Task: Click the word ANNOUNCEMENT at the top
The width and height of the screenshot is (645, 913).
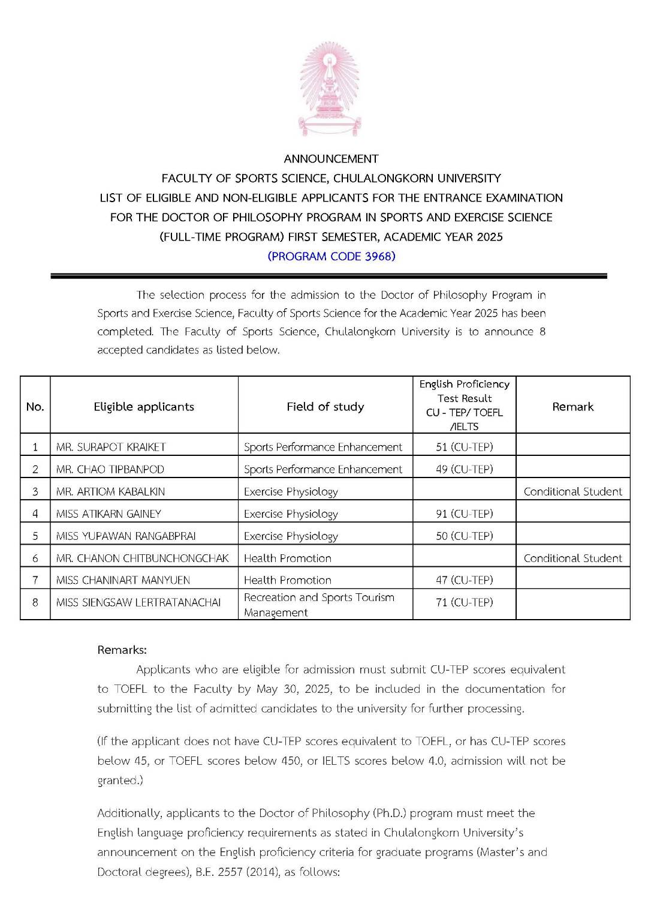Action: [x=331, y=159]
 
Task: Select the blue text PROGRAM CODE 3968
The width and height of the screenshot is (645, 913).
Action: [x=331, y=256]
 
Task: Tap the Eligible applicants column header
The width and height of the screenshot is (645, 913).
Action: [x=144, y=407]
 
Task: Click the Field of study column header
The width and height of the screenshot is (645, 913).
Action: [x=325, y=407]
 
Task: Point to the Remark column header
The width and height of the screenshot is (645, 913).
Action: [x=572, y=407]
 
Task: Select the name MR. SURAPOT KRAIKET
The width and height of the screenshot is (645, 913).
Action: [x=111, y=447]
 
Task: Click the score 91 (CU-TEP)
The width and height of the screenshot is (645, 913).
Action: [x=464, y=513]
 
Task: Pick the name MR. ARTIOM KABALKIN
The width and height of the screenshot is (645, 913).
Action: [x=110, y=491]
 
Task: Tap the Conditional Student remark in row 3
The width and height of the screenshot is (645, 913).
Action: [x=572, y=491]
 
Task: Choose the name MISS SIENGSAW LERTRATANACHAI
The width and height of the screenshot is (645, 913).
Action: [x=138, y=602]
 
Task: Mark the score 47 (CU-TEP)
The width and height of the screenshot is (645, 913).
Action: [x=464, y=580]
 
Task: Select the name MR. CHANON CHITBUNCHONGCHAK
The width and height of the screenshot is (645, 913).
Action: [x=142, y=558]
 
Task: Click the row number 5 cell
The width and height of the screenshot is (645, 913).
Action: [x=35, y=536]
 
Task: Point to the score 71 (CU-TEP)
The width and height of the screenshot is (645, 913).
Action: [x=464, y=602]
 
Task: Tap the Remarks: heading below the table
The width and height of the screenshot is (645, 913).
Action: [x=122, y=650]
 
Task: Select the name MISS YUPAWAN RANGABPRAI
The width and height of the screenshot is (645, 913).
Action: [x=126, y=536]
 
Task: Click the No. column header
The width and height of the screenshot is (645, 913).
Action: [x=35, y=407]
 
